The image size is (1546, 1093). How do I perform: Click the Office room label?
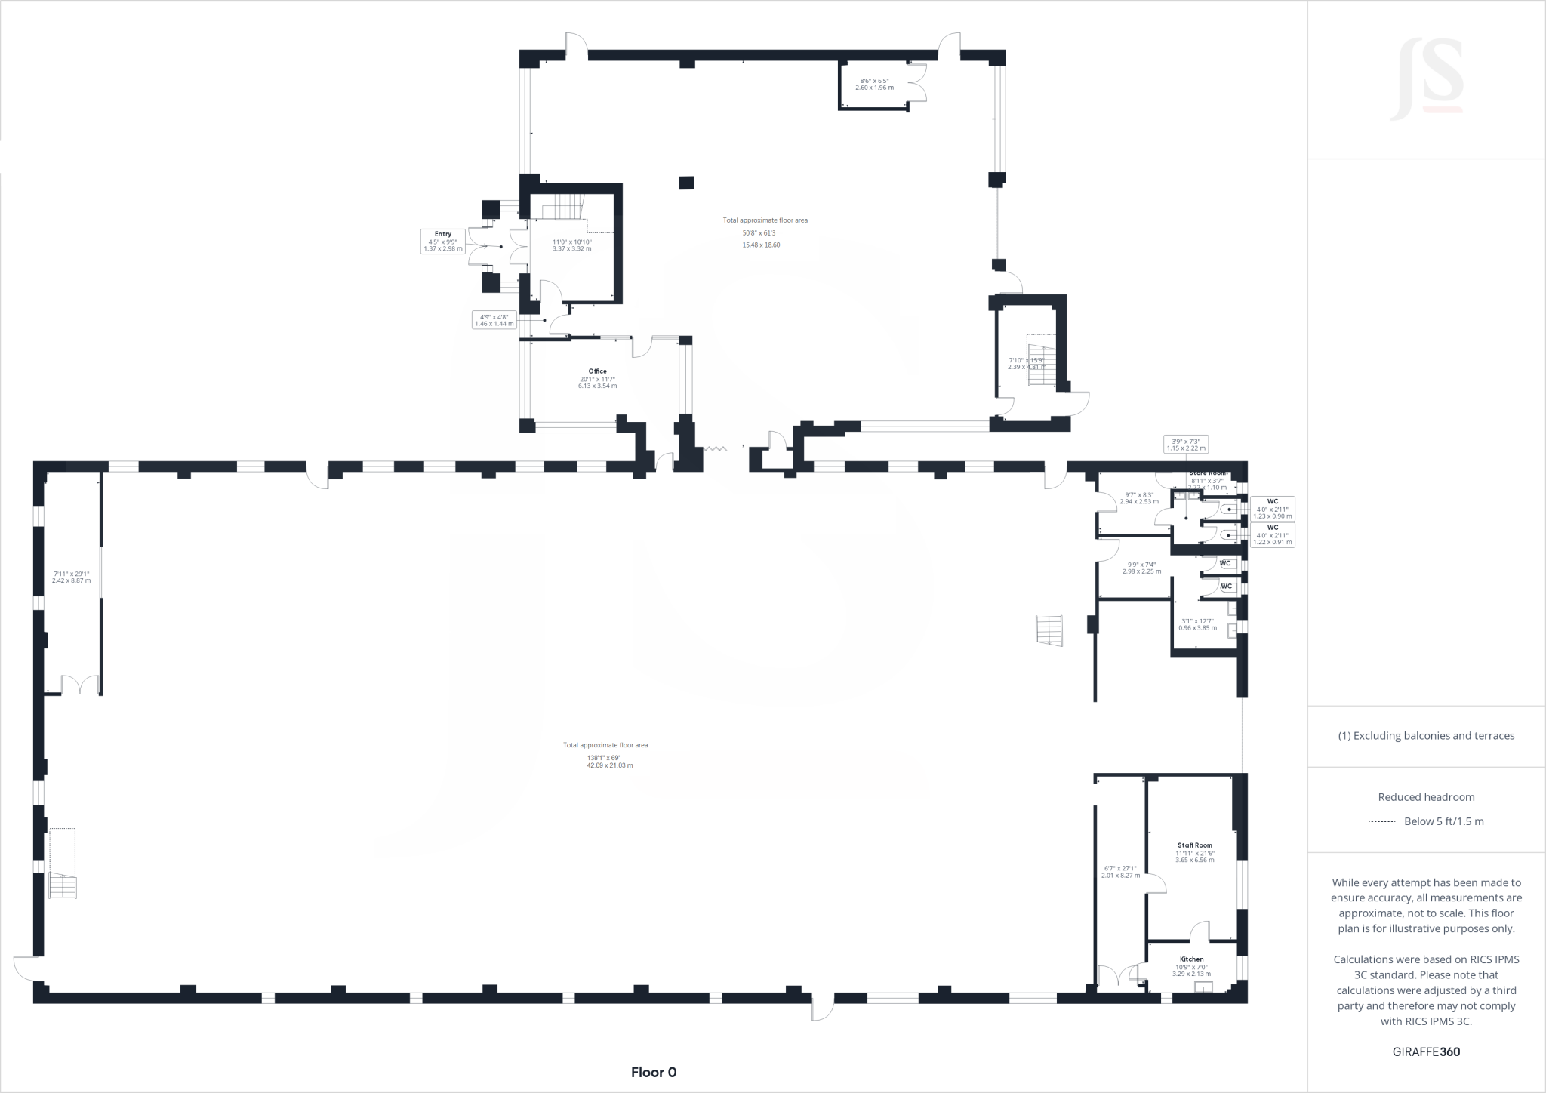click(597, 371)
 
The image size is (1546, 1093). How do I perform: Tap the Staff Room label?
click(1194, 845)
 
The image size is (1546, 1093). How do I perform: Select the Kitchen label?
click(1191, 959)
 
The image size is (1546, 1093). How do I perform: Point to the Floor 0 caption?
click(654, 1072)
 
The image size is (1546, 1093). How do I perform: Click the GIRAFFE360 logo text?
click(1426, 1051)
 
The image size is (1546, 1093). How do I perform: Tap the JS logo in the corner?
click(1426, 80)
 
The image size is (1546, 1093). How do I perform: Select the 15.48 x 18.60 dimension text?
click(761, 245)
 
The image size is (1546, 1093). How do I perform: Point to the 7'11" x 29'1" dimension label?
click(71, 577)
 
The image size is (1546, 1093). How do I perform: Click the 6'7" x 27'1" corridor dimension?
click(1119, 872)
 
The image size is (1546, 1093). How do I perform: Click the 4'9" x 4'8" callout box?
click(494, 320)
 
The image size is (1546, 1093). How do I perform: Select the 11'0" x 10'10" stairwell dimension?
click(571, 245)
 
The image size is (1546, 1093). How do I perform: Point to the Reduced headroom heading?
click(1426, 797)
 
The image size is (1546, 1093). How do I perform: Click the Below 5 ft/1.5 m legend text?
click(1443, 821)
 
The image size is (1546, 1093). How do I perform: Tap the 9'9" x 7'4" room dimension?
click(1141, 568)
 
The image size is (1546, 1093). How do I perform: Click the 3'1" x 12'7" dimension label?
click(1197, 624)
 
